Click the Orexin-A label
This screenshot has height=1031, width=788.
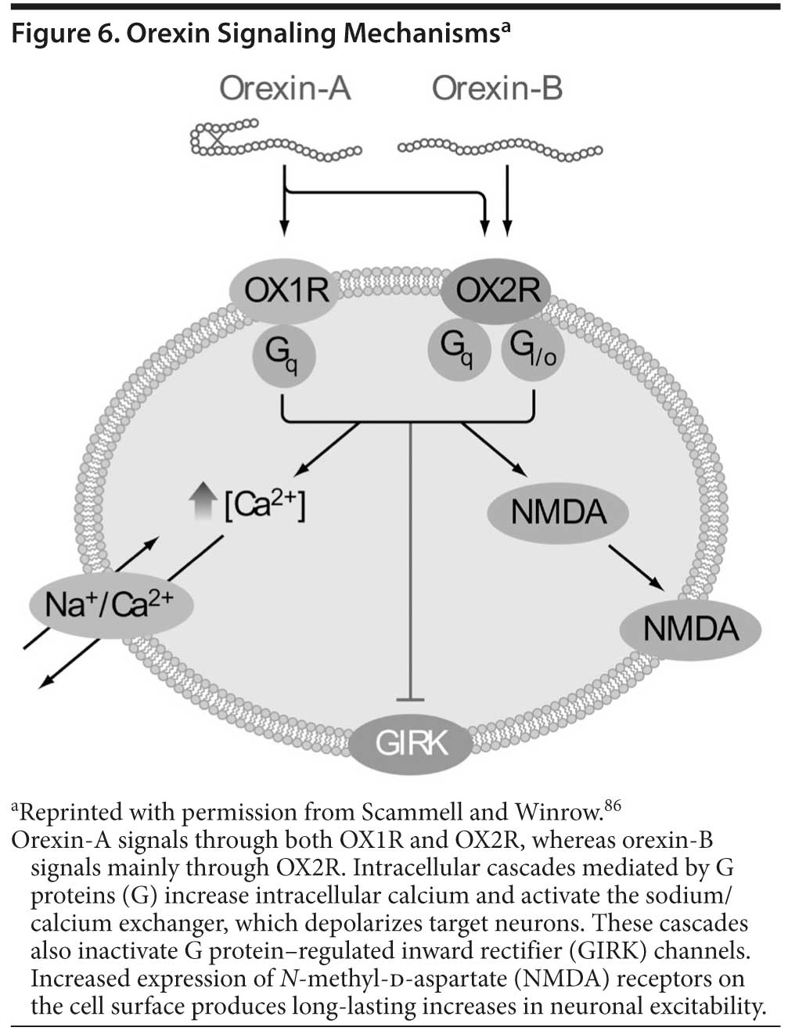pos(285,88)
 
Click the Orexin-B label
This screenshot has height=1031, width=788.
pos(497,88)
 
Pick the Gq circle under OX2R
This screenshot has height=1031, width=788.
pos(458,351)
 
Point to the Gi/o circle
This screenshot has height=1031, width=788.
pos(532,351)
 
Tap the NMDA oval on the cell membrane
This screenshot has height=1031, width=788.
pos(690,628)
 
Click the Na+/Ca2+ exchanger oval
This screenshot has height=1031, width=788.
pos(109,605)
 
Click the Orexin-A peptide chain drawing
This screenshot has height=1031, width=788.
pos(274,140)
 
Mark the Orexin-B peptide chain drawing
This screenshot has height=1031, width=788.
pos(500,146)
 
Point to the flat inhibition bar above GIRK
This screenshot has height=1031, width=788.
pos(410,698)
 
